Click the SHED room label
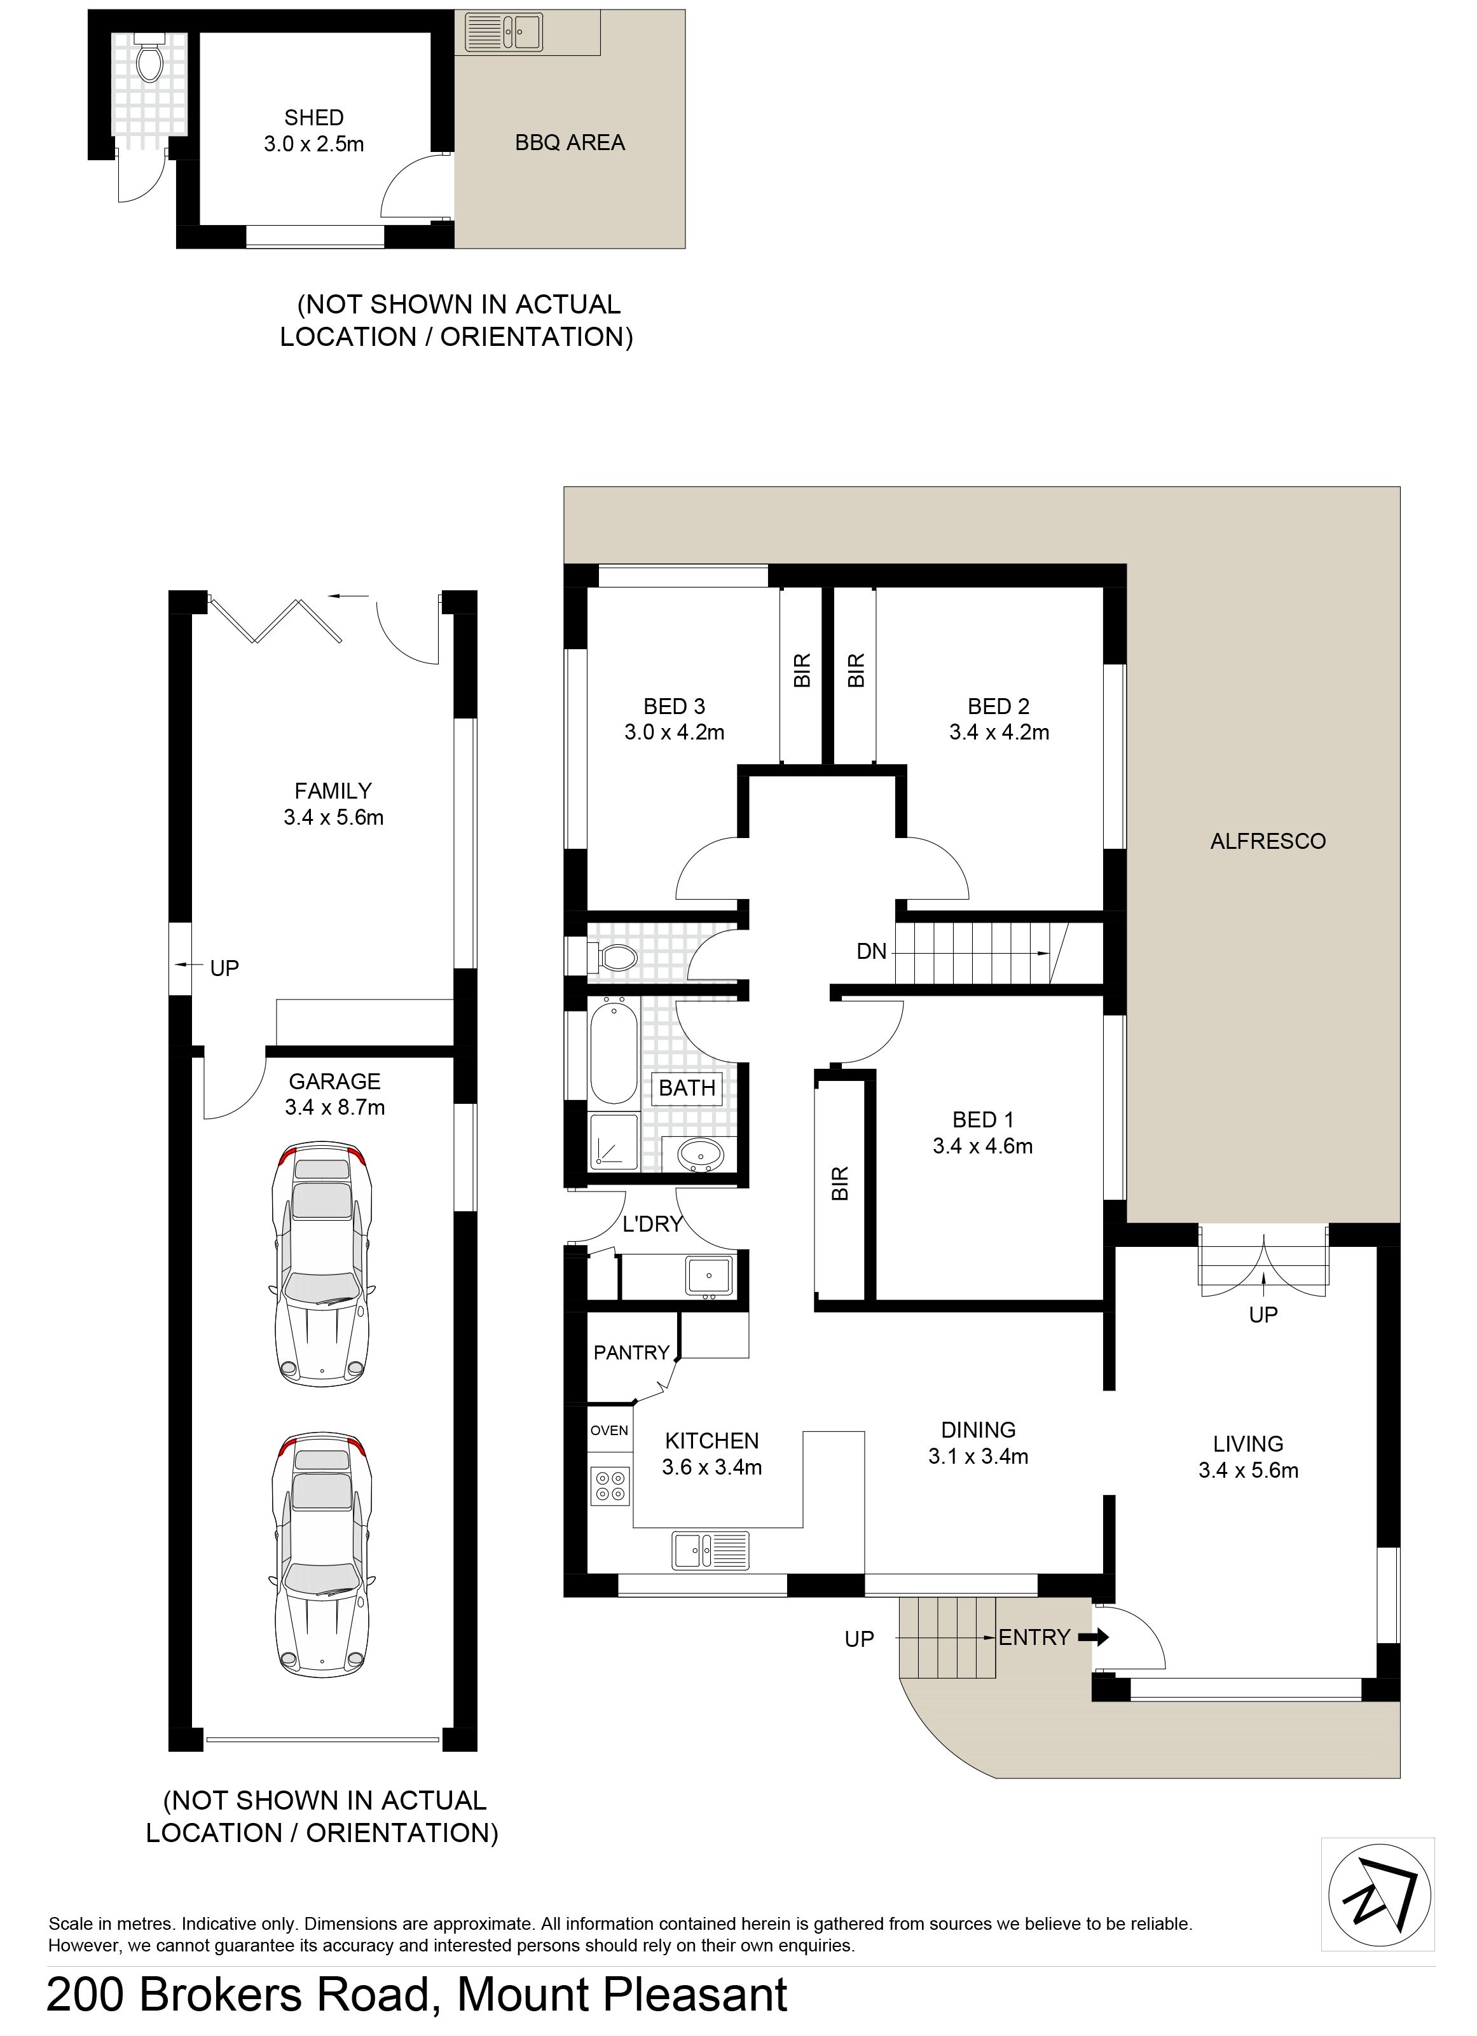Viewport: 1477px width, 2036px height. [313, 118]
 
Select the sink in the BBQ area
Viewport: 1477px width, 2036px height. [504, 31]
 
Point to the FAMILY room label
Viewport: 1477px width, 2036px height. [333, 791]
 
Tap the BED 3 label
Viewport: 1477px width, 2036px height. [675, 706]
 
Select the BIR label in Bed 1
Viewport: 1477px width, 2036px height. [839, 1184]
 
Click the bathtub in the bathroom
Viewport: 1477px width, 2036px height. [614, 1052]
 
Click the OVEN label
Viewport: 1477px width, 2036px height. [608, 1431]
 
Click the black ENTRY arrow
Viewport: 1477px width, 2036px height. [1093, 1637]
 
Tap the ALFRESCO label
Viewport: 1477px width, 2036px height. [1268, 841]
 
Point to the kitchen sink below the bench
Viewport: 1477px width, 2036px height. [710, 1552]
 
